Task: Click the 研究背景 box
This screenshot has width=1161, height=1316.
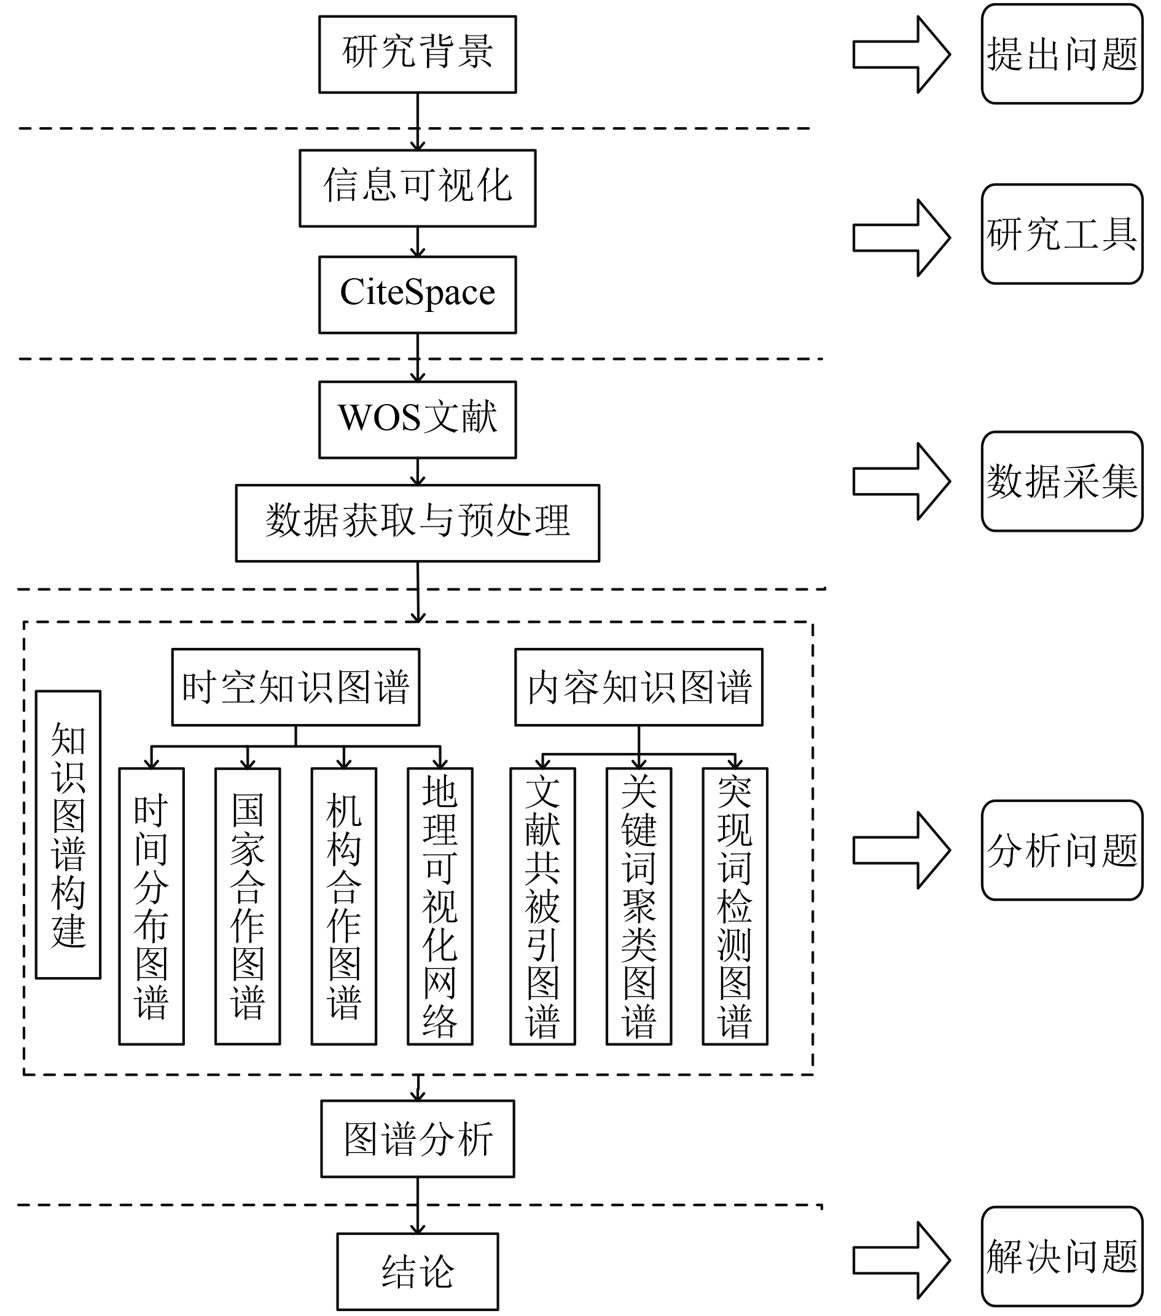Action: [417, 54]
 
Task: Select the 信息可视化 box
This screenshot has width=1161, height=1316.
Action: [417, 188]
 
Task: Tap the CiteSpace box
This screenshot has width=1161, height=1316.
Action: [417, 295]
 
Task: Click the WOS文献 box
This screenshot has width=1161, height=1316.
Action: [417, 420]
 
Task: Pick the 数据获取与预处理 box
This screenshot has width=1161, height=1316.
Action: [417, 523]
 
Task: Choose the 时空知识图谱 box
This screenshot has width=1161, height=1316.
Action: [295, 687]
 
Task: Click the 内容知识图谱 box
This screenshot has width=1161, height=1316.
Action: [639, 687]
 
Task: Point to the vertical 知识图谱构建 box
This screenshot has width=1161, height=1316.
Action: [68, 835]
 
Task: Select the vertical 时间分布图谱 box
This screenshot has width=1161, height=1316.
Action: [151, 906]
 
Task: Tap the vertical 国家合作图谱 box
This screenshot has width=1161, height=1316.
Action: [248, 906]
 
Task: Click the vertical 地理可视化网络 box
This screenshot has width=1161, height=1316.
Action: [440, 906]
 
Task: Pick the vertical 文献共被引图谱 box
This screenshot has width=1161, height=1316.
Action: [543, 906]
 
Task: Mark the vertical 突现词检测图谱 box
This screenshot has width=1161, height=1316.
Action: [735, 906]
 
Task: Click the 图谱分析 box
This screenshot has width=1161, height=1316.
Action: [418, 1139]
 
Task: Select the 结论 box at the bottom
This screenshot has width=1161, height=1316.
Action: [418, 1272]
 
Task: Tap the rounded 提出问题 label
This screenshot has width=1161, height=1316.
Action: [1063, 54]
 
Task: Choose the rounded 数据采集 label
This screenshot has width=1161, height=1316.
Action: [1063, 481]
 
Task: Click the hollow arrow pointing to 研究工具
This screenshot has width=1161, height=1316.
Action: [902, 238]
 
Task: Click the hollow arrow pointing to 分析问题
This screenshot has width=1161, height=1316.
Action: [902, 851]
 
